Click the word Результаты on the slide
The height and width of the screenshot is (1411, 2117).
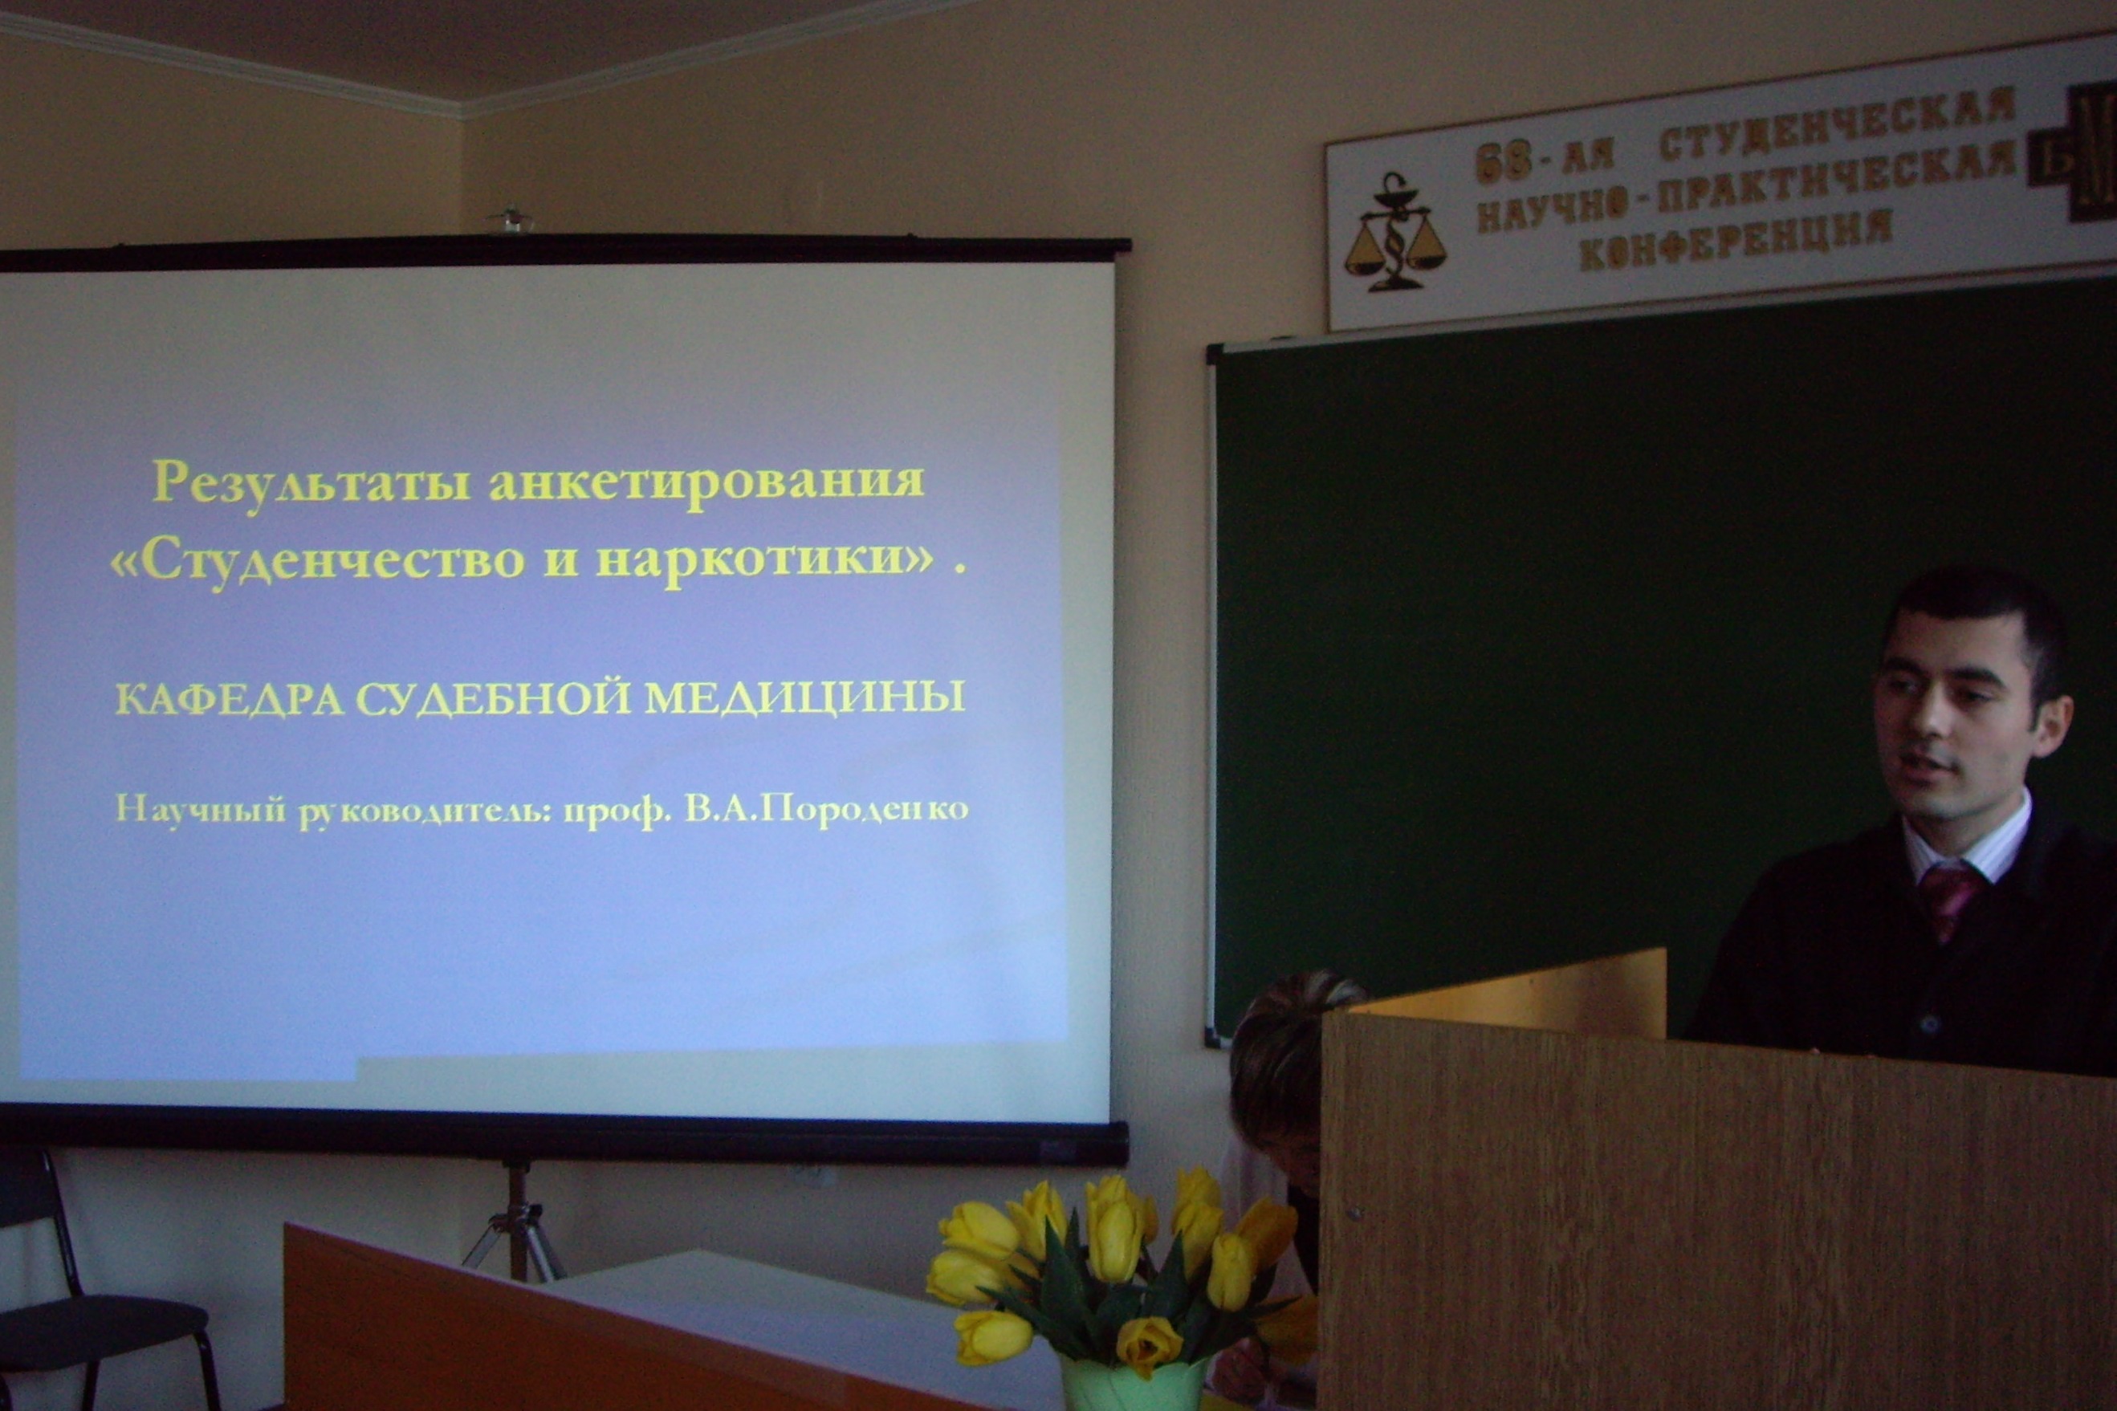pos(311,483)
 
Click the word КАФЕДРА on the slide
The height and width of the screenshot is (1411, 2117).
pos(230,699)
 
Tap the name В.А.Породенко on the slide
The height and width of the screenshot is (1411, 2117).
pos(826,810)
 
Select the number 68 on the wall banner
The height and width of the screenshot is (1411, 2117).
pos(1504,163)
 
